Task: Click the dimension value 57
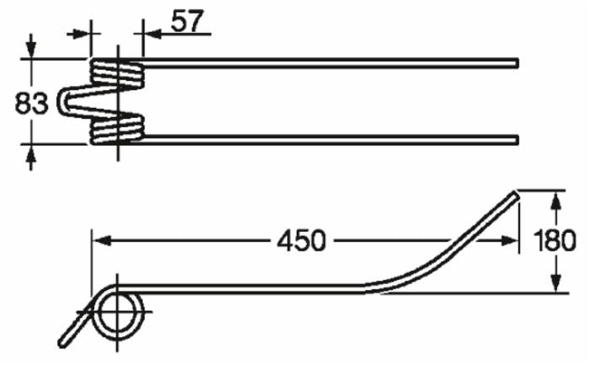point(187,20)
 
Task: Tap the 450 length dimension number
point(301,240)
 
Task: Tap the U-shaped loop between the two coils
point(67,101)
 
